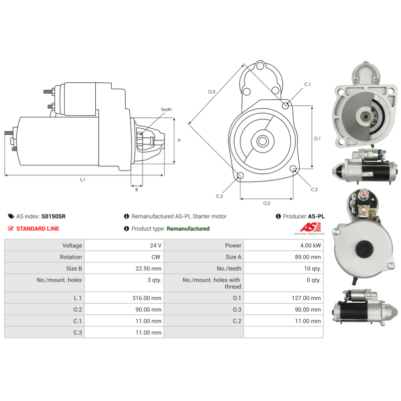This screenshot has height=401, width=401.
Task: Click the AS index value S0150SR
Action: [x=53, y=217]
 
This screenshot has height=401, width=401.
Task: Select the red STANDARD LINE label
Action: [x=38, y=229]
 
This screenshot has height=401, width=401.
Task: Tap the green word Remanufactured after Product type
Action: [x=188, y=229]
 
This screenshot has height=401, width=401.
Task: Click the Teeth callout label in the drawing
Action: [x=166, y=109]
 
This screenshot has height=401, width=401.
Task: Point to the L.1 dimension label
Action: [x=83, y=179]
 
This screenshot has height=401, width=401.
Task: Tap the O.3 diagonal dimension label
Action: [x=212, y=92]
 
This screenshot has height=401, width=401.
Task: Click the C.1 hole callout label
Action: [x=307, y=84]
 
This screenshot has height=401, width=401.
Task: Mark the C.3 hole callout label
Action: [x=219, y=196]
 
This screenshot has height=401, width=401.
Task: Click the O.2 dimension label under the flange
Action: [x=267, y=203]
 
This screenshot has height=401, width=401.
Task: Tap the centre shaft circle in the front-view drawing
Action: [x=262, y=141]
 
